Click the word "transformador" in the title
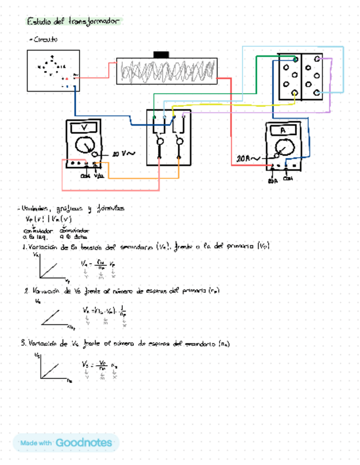click(93, 21)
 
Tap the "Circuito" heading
click(45, 40)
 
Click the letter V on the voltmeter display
click(85, 127)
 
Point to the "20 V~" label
click(122, 155)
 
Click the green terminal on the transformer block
click(296, 59)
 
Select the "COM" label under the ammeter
click(288, 178)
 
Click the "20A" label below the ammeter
click(273, 180)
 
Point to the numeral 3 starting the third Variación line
click(23, 343)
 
